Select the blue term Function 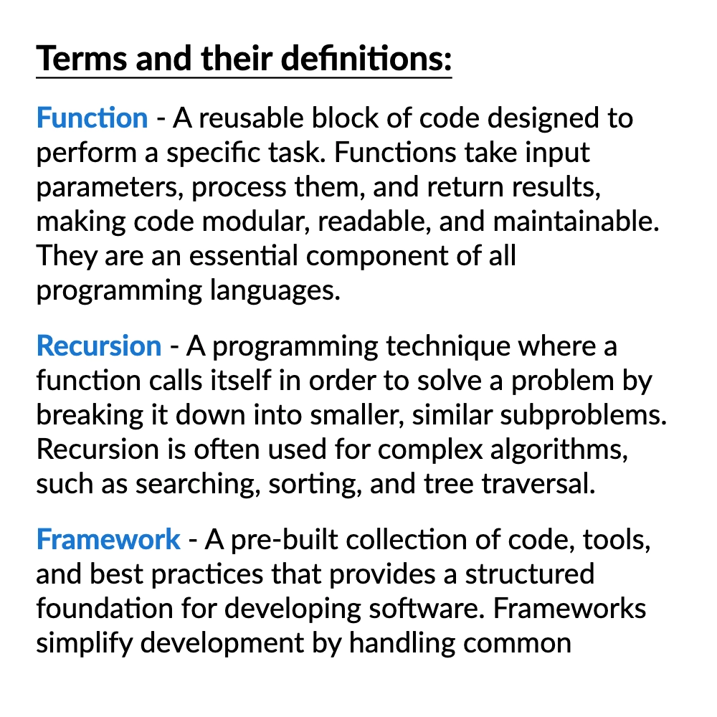92,118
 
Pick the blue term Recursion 99,346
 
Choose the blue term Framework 108,538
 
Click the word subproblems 583,415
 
